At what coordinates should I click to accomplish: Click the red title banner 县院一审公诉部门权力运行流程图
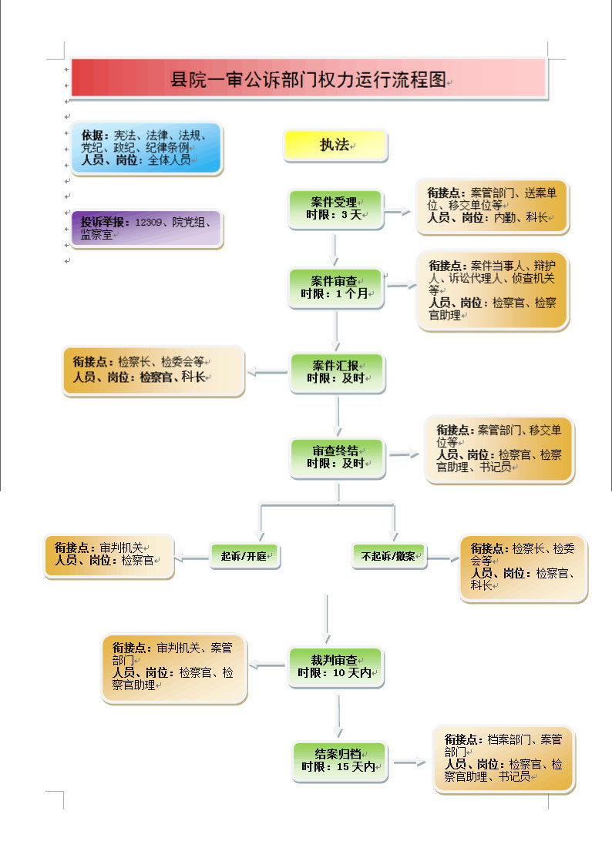tap(308, 79)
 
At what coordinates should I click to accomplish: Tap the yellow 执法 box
tap(335, 146)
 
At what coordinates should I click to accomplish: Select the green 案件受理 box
tap(336, 209)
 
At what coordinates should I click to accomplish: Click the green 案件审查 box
tap(336, 288)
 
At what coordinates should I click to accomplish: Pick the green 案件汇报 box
tap(338, 373)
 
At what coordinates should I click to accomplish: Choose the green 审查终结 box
tap(338, 458)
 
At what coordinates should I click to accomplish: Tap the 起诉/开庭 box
tap(245, 556)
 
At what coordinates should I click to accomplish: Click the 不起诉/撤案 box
tap(389, 556)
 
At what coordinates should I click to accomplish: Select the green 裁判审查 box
tap(336, 667)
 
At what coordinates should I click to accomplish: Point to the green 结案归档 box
tap(340, 762)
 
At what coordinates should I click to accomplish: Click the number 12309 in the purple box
tap(148, 222)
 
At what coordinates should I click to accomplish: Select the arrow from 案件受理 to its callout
tap(398, 211)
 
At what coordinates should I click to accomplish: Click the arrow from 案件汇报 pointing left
tap(267, 371)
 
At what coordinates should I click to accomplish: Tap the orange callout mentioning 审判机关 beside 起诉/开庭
tap(109, 557)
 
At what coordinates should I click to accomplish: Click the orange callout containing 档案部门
tap(503, 759)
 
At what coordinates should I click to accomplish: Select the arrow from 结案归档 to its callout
tap(409, 762)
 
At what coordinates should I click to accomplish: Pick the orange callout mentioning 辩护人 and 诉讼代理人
tap(493, 290)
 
